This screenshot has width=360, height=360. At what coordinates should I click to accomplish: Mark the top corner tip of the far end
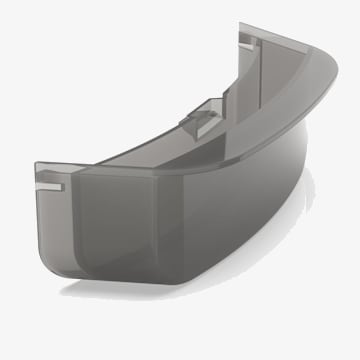242,26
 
